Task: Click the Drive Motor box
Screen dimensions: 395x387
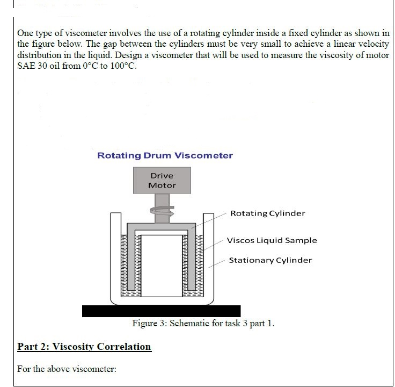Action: tap(162, 181)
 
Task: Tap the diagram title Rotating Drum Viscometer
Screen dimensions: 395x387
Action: tap(165, 155)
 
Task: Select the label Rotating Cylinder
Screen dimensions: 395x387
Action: tap(267, 213)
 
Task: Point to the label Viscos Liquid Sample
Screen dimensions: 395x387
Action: tap(272, 240)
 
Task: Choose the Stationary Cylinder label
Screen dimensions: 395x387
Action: tap(270, 260)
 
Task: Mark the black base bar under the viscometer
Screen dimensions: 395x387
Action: tap(161, 311)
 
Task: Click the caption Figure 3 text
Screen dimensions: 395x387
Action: tap(203, 324)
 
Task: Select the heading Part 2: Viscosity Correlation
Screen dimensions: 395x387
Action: tap(84, 347)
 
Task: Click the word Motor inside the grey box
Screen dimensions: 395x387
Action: tap(162, 185)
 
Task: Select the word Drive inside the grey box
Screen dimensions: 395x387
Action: tap(162, 176)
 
